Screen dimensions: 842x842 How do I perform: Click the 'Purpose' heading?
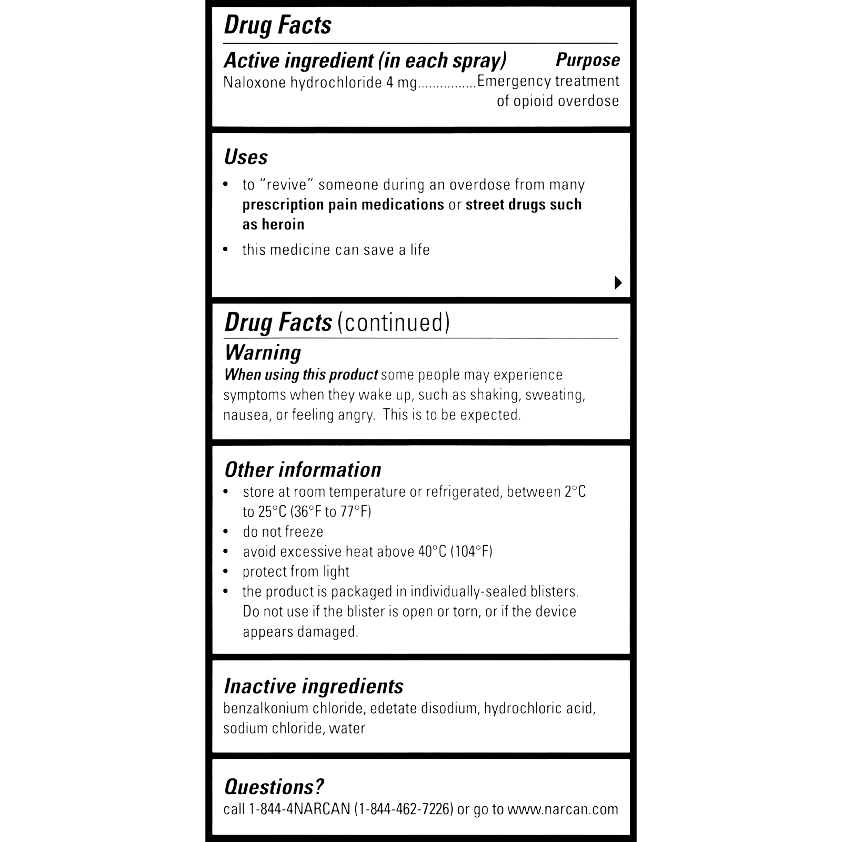[x=587, y=61]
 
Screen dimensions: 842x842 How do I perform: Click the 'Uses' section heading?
[x=246, y=157]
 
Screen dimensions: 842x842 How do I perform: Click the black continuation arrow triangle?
[x=618, y=283]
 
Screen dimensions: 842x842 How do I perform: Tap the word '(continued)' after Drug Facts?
[x=393, y=323]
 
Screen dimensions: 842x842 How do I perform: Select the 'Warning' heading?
[x=263, y=353]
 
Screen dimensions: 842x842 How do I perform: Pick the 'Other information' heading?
[x=303, y=470]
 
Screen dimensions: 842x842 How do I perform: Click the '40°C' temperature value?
[x=432, y=552]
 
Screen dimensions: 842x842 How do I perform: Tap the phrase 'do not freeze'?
[x=283, y=532]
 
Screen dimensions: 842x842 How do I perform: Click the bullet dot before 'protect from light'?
[x=226, y=572]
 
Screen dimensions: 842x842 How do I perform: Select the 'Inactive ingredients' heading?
[x=314, y=686]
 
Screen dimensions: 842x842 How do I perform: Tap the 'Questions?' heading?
[x=274, y=787]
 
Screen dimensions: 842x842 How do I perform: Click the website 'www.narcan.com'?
[x=563, y=809]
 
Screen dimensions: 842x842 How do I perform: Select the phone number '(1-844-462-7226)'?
[x=404, y=809]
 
